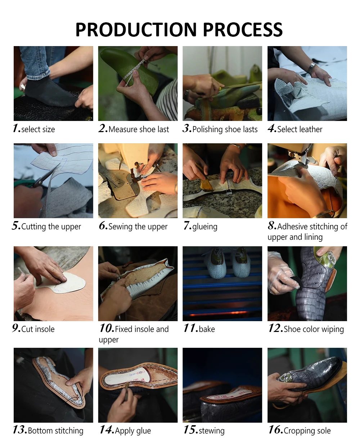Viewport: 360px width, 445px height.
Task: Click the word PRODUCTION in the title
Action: point(136,30)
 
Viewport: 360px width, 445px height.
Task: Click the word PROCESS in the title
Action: point(243,30)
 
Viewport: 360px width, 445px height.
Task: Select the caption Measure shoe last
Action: point(139,129)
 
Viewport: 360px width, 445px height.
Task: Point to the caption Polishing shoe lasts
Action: point(225,130)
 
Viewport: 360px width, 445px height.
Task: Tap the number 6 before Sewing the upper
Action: point(103,225)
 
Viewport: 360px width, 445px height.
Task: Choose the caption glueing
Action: point(205,227)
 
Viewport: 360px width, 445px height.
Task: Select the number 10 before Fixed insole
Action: point(107,328)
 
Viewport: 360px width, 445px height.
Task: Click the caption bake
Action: point(207,329)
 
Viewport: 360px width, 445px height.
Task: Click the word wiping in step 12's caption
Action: point(333,330)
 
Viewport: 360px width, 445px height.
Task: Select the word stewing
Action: point(212,431)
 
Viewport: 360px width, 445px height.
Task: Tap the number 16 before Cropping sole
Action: point(276,430)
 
